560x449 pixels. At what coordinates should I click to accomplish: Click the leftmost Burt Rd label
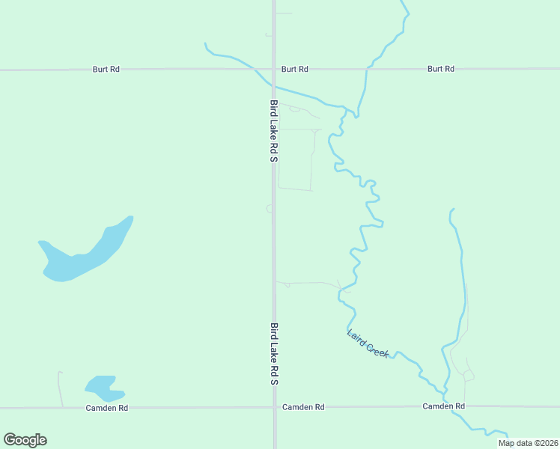[x=106, y=69]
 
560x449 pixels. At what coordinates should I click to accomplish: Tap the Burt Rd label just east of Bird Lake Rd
[x=295, y=69]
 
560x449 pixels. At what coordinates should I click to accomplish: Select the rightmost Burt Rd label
[x=440, y=69]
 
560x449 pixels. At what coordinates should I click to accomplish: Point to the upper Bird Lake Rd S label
[x=274, y=132]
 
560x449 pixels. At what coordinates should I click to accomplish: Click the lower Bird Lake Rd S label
[x=274, y=354]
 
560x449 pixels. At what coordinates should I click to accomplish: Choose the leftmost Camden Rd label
[x=107, y=408]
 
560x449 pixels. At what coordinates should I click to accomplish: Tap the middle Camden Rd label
[x=303, y=407]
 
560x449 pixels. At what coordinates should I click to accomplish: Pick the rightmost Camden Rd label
[x=444, y=406]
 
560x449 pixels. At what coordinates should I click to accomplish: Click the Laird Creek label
[x=368, y=343]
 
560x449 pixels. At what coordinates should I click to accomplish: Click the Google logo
[x=25, y=440]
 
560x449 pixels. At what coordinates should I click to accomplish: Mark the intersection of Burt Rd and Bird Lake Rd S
[x=274, y=70]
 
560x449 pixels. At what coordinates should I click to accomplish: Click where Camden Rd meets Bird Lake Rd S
[x=275, y=408]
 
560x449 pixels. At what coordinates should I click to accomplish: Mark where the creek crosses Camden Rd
[x=447, y=407]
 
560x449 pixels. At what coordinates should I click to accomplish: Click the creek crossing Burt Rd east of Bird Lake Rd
[x=367, y=70]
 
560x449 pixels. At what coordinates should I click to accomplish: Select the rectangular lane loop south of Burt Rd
[x=295, y=159]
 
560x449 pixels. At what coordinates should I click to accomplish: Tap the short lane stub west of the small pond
[x=60, y=388]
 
